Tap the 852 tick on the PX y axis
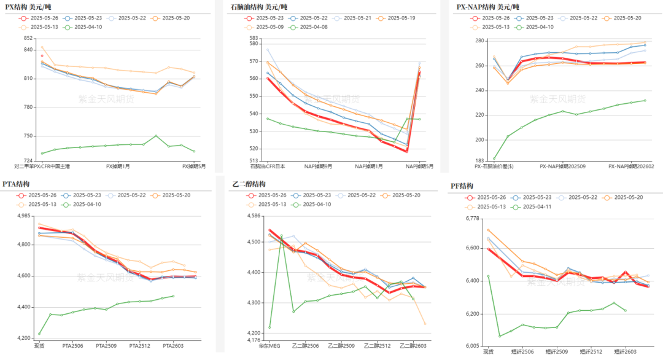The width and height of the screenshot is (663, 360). tap(28, 38)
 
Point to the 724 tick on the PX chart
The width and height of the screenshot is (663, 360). tap(28, 161)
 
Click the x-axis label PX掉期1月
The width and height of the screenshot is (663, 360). tap(118, 166)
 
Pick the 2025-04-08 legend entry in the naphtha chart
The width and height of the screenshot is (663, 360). tap(312, 27)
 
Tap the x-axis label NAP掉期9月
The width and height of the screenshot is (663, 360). tap(318, 166)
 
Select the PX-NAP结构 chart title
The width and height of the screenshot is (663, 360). tap(488, 6)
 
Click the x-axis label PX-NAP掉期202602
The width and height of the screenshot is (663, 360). tap(630, 166)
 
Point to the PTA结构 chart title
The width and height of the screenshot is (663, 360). tap(17, 184)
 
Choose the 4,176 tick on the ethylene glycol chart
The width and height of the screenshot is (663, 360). tap(253, 340)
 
